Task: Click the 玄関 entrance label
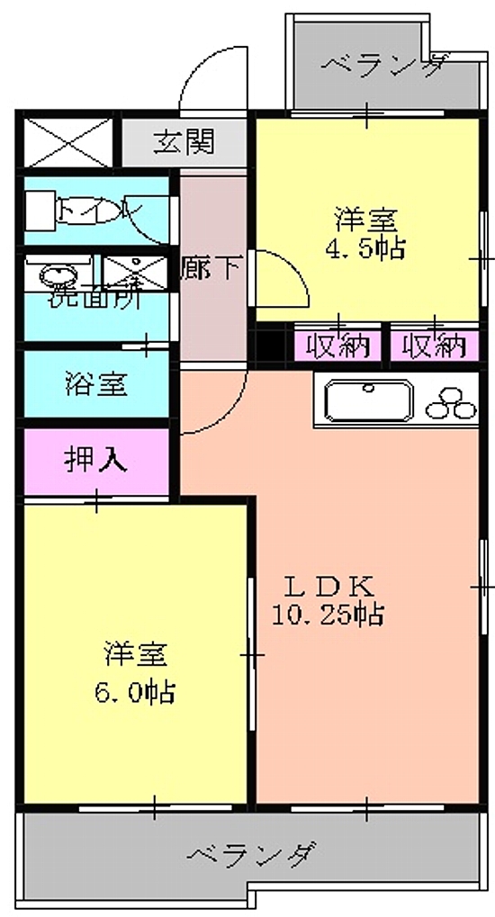pos(183,141)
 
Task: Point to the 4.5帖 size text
pos(367,247)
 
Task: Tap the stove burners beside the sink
pos(452,401)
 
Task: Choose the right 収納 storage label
pos(434,345)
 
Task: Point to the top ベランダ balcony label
pos(382,65)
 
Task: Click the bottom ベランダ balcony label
pos(253,853)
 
